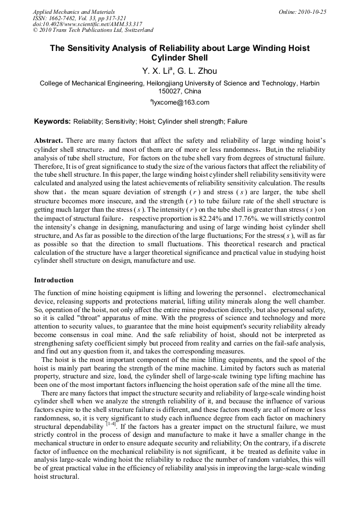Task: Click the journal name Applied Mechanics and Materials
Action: [74, 12]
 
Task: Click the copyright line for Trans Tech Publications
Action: [93, 31]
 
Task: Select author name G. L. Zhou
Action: [198, 71]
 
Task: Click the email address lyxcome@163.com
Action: [181, 102]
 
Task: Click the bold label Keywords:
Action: [53, 122]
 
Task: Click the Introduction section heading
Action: [54, 280]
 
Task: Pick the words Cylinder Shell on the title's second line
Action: [179, 58]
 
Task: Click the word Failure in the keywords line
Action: [237, 122]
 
